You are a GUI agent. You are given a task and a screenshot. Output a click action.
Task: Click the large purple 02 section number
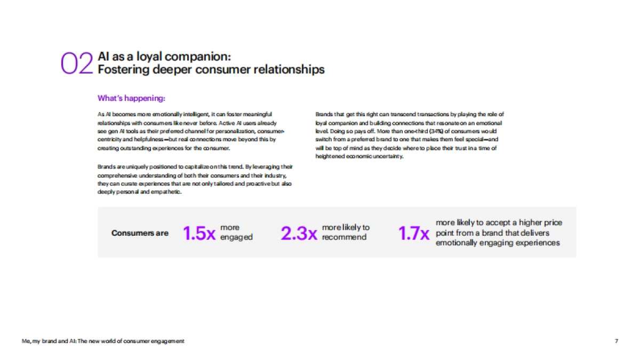77,63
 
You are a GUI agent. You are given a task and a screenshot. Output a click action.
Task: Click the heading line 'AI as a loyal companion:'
164,57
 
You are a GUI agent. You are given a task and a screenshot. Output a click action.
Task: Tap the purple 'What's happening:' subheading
131,98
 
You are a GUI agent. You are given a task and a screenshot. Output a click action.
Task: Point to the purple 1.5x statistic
199,234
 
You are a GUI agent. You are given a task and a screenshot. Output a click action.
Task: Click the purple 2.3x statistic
299,234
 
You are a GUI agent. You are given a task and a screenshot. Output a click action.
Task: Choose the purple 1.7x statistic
414,234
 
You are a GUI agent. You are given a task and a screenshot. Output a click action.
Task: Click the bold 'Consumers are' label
140,233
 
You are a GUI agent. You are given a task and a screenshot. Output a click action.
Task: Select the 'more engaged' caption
236,233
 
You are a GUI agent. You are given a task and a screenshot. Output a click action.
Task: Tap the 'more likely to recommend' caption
346,233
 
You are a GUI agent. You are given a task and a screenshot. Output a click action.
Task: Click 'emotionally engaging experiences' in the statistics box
498,243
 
